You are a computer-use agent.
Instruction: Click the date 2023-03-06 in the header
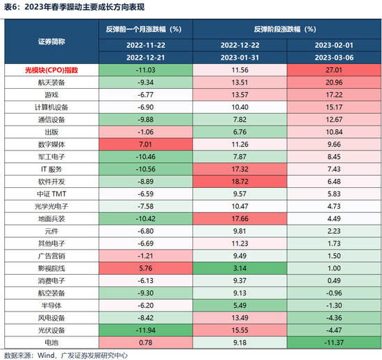pyautogui.click(x=333, y=57)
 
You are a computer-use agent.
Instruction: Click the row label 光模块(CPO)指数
pyautogui.click(x=53, y=70)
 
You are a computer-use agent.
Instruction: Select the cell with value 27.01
pyautogui.click(x=333, y=70)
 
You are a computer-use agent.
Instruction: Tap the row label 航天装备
pyautogui.click(x=53, y=83)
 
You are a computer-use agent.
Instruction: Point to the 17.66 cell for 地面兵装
pyautogui.click(x=239, y=218)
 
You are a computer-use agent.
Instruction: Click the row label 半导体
pyautogui.click(x=53, y=304)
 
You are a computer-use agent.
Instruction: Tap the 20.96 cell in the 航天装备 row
pyautogui.click(x=333, y=83)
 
